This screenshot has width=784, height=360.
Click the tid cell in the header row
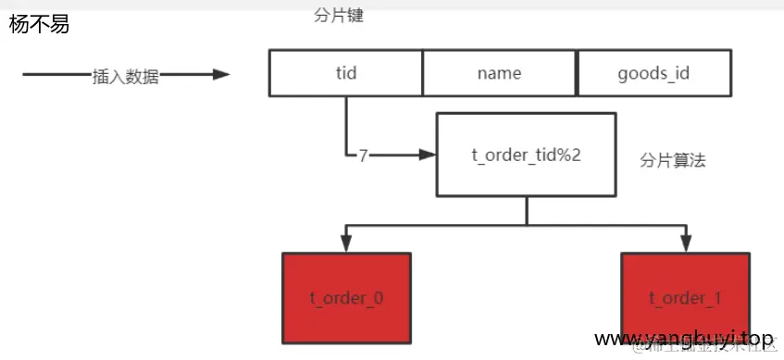[x=346, y=73]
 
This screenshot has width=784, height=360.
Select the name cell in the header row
[x=499, y=73]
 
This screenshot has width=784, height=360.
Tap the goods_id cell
[x=653, y=73]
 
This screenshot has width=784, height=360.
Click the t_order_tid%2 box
[x=526, y=155]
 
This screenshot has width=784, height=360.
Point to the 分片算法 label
[x=673, y=160]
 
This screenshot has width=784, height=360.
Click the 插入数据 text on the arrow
[x=126, y=77]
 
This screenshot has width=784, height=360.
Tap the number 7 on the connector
[x=363, y=155]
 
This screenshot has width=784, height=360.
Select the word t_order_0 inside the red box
[x=346, y=298]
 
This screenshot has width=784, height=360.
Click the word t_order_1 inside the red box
[x=685, y=298]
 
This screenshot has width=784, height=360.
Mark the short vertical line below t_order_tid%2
[x=526, y=211]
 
